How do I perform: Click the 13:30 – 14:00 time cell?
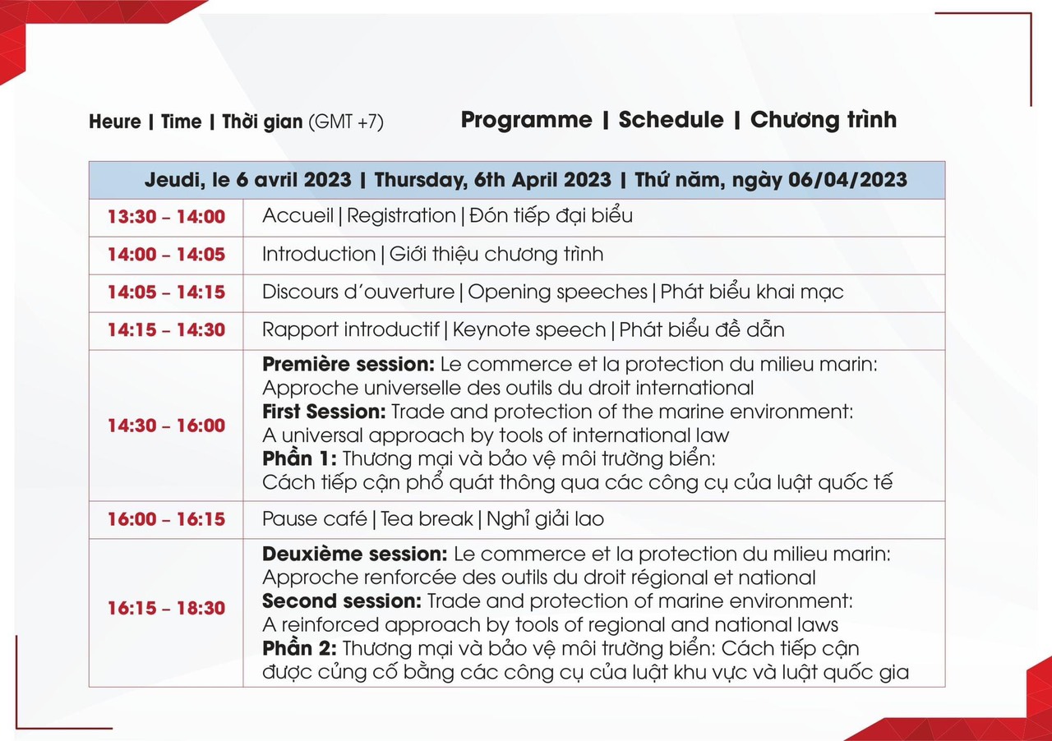pyautogui.click(x=166, y=217)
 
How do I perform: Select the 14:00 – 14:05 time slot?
pyautogui.click(x=166, y=255)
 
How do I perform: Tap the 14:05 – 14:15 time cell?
pyautogui.click(x=166, y=292)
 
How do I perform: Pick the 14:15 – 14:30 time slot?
pyautogui.click(x=166, y=329)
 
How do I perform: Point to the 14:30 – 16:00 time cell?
pyautogui.click(x=166, y=426)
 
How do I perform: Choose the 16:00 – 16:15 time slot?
pyautogui.click(x=166, y=519)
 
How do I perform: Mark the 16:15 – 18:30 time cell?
pyautogui.click(x=166, y=608)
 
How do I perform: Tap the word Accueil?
pyautogui.click(x=298, y=216)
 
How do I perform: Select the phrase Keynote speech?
pyautogui.click(x=529, y=330)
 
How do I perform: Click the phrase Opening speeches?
pyautogui.click(x=557, y=292)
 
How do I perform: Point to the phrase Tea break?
pyautogui.click(x=427, y=519)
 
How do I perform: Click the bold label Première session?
pyautogui.click(x=348, y=365)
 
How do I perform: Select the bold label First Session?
pyautogui.click(x=324, y=412)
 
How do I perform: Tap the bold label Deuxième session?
pyautogui.click(x=354, y=554)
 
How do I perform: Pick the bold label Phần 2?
pyautogui.click(x=299, y=648)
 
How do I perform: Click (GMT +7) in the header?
pyautogui.click(x=346, y=122)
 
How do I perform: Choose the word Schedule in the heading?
pyautogui.click(x=671, y=120)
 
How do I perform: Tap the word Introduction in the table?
pyautogui.click(x=319, y=255)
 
